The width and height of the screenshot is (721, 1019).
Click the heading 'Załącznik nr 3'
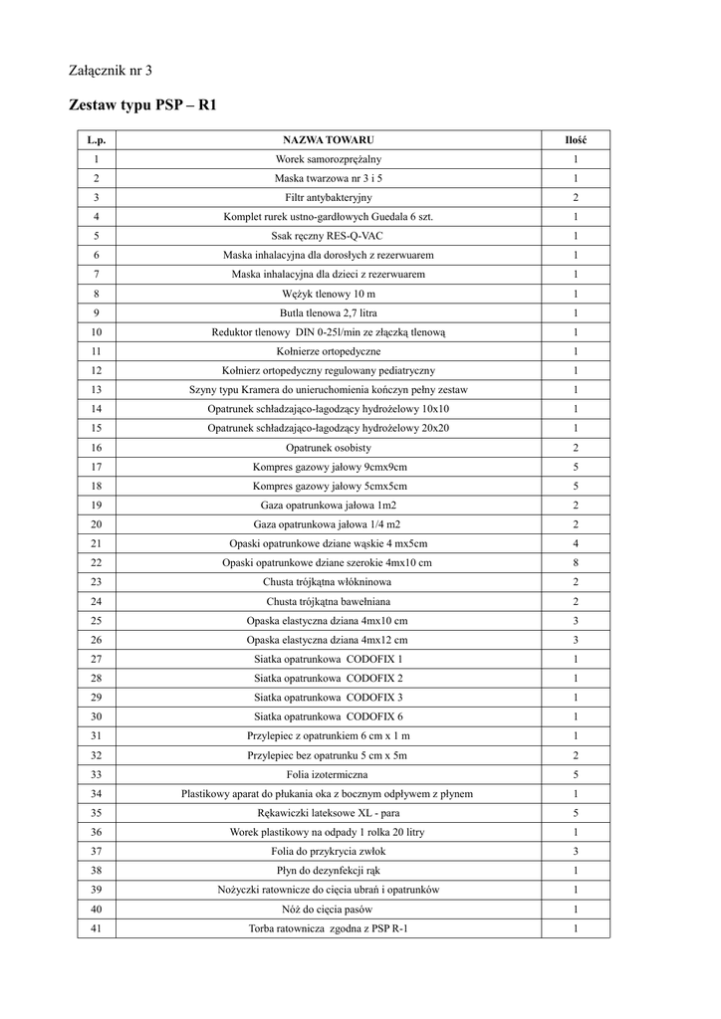(111, 71)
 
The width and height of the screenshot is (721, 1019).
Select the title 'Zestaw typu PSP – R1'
(142, 104)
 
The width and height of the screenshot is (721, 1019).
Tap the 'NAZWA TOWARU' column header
(328, 139)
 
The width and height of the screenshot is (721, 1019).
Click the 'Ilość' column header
(576, 139)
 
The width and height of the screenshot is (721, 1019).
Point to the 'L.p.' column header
(96, 139)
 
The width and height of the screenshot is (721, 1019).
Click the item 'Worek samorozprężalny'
(328, 159)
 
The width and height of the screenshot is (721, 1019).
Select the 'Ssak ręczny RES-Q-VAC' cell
(328, 236)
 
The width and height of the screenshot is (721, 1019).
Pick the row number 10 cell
(96, 332)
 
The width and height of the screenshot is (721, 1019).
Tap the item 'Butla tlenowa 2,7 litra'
(328, 312)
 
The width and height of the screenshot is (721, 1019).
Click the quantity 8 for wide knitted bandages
(576, 563)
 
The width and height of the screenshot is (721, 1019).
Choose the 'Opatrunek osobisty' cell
(328, 448)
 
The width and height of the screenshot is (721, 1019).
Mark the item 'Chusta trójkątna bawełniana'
(328, 602)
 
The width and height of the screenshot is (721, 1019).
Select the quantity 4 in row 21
(576, 544)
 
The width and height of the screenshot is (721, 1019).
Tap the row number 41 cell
(96, 929)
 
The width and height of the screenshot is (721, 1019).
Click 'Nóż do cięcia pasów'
(328, 910)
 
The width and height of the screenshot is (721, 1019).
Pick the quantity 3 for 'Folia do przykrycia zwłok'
(576, 852)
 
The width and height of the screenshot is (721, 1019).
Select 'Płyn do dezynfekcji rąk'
(328, 871)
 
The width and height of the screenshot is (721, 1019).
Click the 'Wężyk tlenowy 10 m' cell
(328, 294)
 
